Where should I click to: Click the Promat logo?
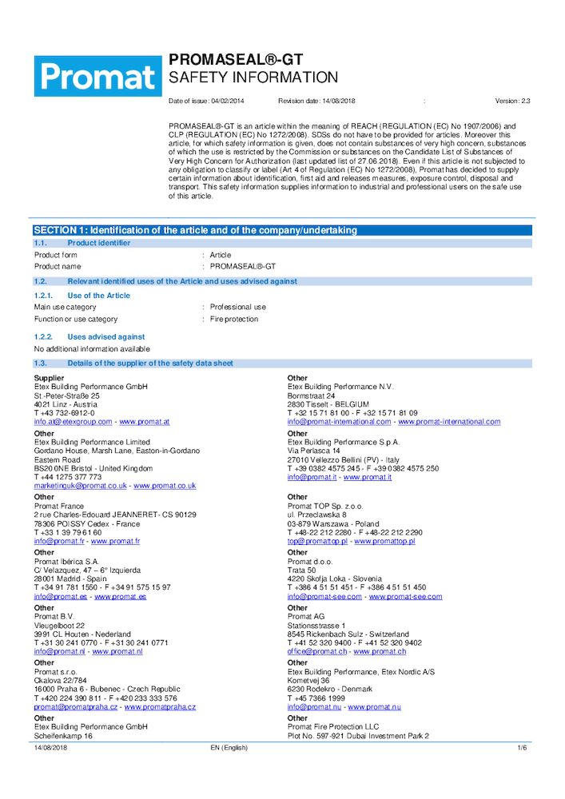(97, 78)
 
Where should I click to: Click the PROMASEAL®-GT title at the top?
(235, 60)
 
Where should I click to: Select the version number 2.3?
(525, 101)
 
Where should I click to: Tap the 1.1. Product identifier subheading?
(98, 243)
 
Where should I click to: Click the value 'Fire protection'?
(234, 319)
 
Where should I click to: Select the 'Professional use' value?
(238, 307)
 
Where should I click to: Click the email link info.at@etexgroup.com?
(73, 421)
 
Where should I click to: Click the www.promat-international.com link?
(449, 421)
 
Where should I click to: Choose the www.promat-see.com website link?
(405, 596)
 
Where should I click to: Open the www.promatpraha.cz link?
(160, 706)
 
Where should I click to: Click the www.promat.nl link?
(117, 651)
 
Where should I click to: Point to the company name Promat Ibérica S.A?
(67, 561)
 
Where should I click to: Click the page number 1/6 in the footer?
(522, 748)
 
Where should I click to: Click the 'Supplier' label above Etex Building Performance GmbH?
(50, 377)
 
